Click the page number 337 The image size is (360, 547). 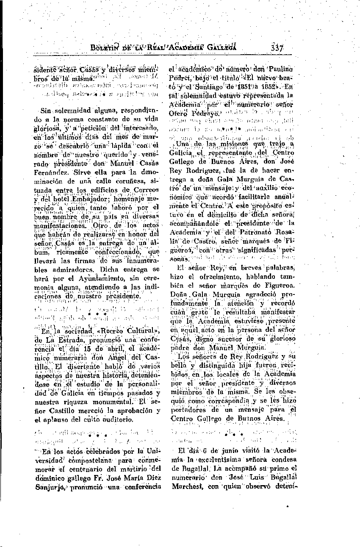[276, 47]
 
